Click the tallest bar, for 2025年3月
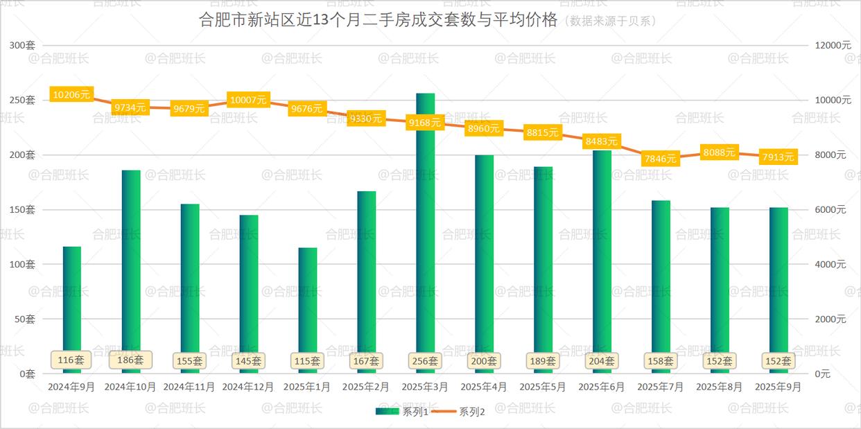pyautogui.click(x=425, y=229)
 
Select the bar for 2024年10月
pyautogui.click(x=131, y=263)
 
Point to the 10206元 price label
pyautogui.click(x=71, y=94)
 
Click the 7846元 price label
pyautogui.click(x=660, y=159)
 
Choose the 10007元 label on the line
pyautogui.click(x=248, y=100)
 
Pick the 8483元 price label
pyautogui.click(x=601, y=141)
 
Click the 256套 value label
pyautogui.click(x=425, y=361)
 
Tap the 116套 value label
pyautogui.click(x=71, y=360)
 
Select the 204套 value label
pyautogui.click(x=601, y=361)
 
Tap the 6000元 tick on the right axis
pyautogui.click(x=830, y=209)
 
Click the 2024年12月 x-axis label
pyautogui.click(x=248, y=387)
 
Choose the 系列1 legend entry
pyautogui.click(x=406, y=412)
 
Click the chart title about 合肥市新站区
pyautogui.click(x=378, y=19)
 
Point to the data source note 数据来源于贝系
pyautogui.click(x=610, y=21)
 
